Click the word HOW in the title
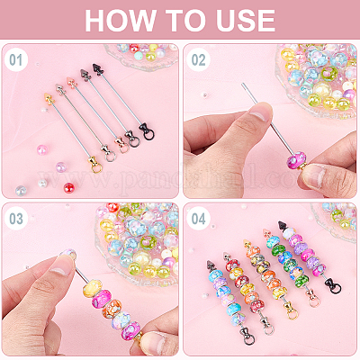[x=119, y=21]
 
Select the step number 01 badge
[x=16, y=60]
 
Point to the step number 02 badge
[x=198, y=60]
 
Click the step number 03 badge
[x=16, y=219]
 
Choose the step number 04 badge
[x=198, y=219]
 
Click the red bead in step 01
[x=68, y=188]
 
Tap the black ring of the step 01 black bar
[x=148, y=135]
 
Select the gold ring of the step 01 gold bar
[x=96, y=167]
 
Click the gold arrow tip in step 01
[x=48, y=97]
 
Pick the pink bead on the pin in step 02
[x=296, y=159]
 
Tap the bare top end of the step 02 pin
[x=243, y=84]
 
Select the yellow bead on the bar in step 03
[x=92, y=287]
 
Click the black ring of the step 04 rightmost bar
[x=336, y=288]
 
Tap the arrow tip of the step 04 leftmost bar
[x=211, y=265]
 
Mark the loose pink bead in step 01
[x=41, y=149]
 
